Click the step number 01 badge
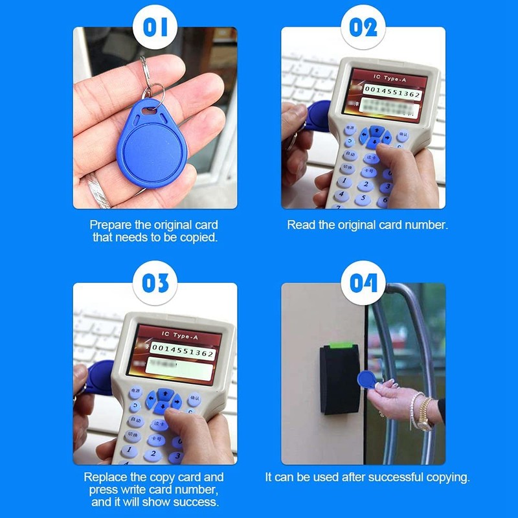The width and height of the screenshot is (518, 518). [155, 27]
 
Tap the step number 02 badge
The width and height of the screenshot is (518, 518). [363, 27]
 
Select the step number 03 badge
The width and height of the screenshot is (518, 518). [155, 284]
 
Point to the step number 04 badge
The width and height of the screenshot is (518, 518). [363, 284]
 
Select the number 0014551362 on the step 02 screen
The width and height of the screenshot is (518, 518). [392, 95]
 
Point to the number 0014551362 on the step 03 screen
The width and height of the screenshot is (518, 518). [183, 354]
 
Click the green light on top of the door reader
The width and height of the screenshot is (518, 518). [338, 349]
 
